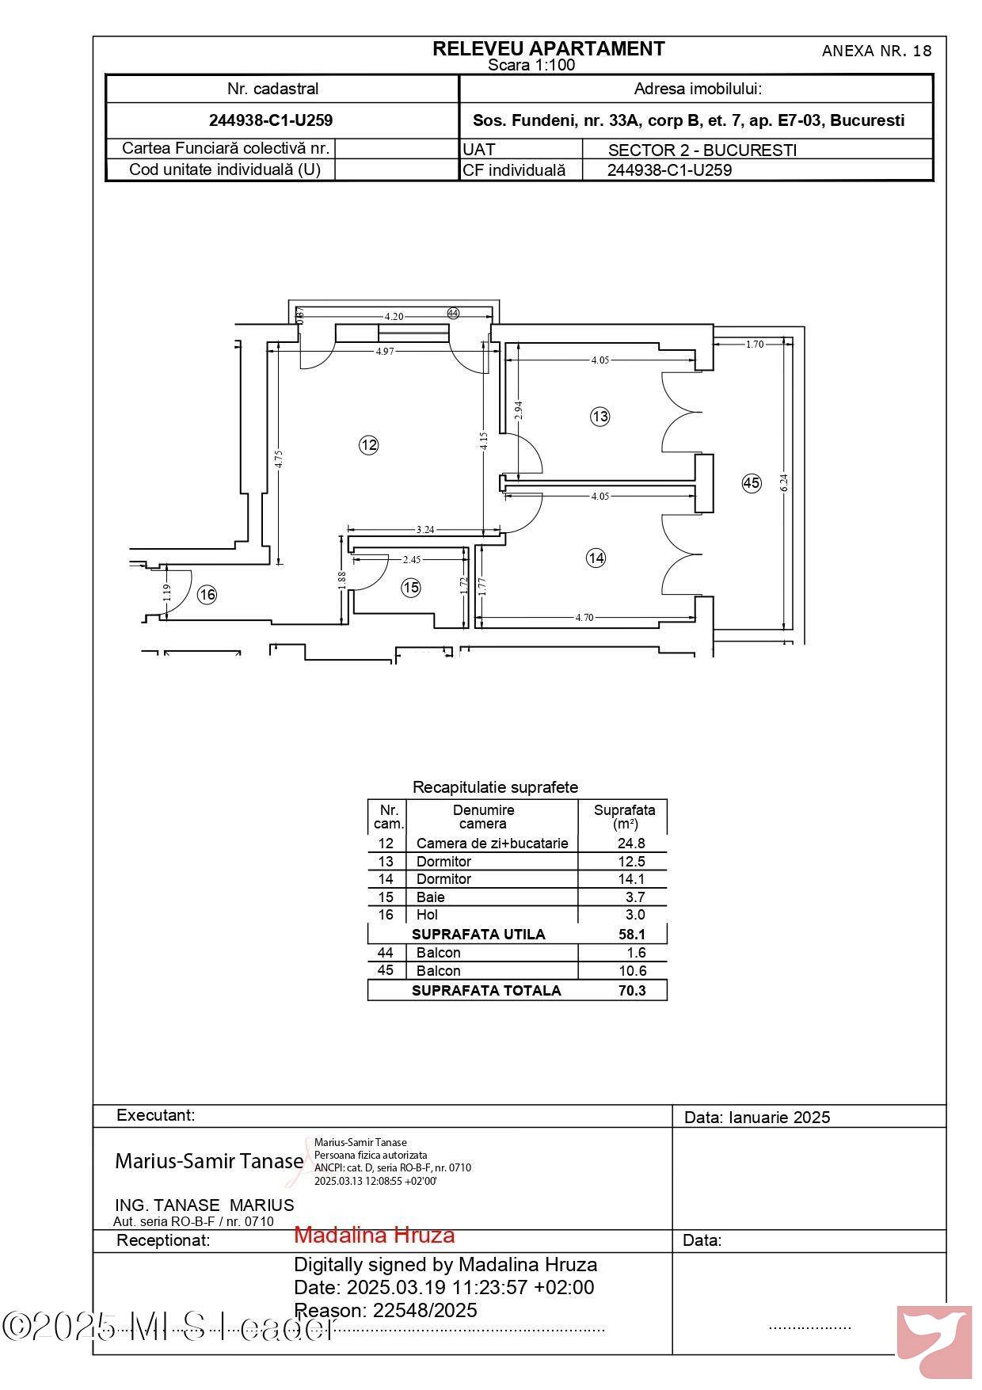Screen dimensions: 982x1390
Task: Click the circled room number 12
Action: pyautogui.click(x=368, y=445)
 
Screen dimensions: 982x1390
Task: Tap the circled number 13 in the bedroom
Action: pyautogui.click(x=600, y=416)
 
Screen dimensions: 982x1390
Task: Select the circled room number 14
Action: pyautogui.click(x=596, y=558)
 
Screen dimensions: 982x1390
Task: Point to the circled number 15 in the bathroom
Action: pyautogui.click(x=411, y=588)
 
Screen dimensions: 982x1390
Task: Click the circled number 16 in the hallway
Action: pyautogui.click(x=207, y=595)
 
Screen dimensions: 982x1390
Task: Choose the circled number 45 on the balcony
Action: pyautogui.click(x=752, y=483)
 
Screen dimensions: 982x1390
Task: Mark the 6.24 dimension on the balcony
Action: pyautogui.click(x=784, y=482)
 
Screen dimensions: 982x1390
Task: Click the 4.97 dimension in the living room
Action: pyautogui.click(x=385, y=351)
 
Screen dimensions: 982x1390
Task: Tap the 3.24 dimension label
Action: pyautogui.click(x=425, y=530)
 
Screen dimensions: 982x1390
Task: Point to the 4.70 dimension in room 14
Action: pyautogui.click(x=584, y=618)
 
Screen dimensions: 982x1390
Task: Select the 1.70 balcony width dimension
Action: pyautogui.click(x=755, y=344)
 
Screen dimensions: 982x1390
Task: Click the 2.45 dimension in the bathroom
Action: pyautogui.click(x=412, y=560)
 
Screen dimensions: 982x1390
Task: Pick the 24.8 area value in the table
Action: pyautogui.click(x=631, y=844)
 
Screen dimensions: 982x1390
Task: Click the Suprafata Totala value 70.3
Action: pyautogui.click(x=632, y=990)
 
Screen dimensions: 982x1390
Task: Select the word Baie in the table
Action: pyautogui.click(x=431, y=897)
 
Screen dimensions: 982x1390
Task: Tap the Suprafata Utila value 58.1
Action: pyautogui.click(x=632, y=935)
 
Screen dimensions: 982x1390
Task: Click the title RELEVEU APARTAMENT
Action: pyautogui.click(x=549, y=49)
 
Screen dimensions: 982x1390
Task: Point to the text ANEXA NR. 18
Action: pyautogui.click(x=877, y=51)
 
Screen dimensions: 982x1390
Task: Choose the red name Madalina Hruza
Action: pyautogui.click(x=375, y=1235)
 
